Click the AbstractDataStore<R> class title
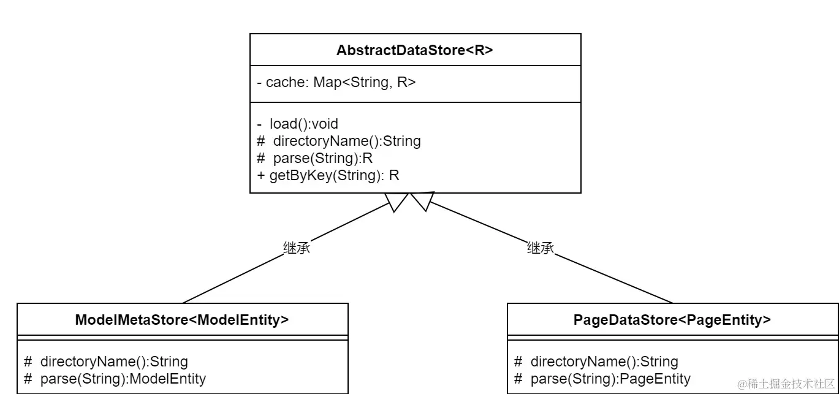(415, 50)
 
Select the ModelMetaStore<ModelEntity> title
(182, 320)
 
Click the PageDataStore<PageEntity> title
(672, 320)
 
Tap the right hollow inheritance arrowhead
(423, 201)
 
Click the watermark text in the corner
(786, 384)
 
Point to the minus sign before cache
(259, 83)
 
